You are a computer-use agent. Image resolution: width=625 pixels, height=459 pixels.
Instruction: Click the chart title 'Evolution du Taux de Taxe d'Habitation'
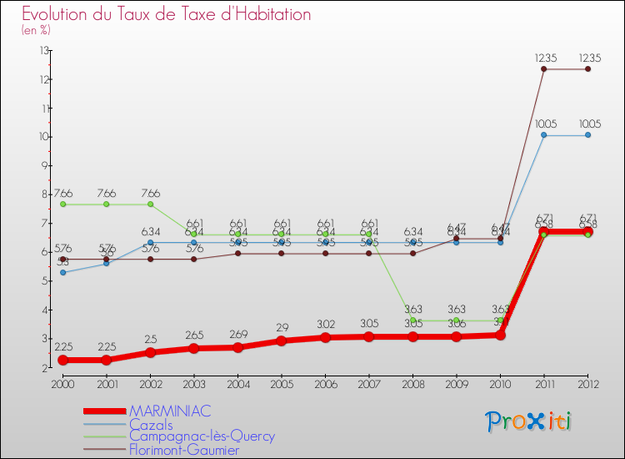coord(167,14)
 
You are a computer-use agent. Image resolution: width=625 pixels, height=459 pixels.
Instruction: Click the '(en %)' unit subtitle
coord(36,30)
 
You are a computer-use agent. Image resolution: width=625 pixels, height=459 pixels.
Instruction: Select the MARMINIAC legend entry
coord(170,411)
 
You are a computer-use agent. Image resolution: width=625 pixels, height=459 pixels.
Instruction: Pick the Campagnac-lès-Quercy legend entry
coord(202,436)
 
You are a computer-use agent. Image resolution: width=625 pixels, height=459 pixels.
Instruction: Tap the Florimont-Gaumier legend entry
coord(183,450)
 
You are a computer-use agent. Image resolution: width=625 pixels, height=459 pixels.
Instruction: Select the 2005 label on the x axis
coord(282,383)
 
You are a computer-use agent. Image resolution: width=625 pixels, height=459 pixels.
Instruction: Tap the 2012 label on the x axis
coord(587,383)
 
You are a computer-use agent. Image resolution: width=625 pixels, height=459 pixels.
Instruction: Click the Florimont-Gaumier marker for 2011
coord(543,69)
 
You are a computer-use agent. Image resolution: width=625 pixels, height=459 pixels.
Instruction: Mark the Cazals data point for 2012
coord(587,135)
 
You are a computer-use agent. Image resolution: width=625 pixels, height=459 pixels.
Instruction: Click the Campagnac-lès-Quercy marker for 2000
coord(62,204)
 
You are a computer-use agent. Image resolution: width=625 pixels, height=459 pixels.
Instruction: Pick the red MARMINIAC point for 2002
coord(150,352)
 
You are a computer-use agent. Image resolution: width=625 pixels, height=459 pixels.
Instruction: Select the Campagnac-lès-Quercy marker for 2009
coord(456,320)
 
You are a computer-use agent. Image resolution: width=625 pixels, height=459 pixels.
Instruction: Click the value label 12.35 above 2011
coord(543,58)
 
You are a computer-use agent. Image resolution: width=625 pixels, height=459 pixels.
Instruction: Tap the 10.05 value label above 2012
coord(587,124)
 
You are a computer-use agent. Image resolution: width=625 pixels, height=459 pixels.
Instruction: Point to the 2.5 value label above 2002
coord(150,340)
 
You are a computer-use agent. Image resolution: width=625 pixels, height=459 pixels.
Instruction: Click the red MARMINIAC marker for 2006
coord(325,338)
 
